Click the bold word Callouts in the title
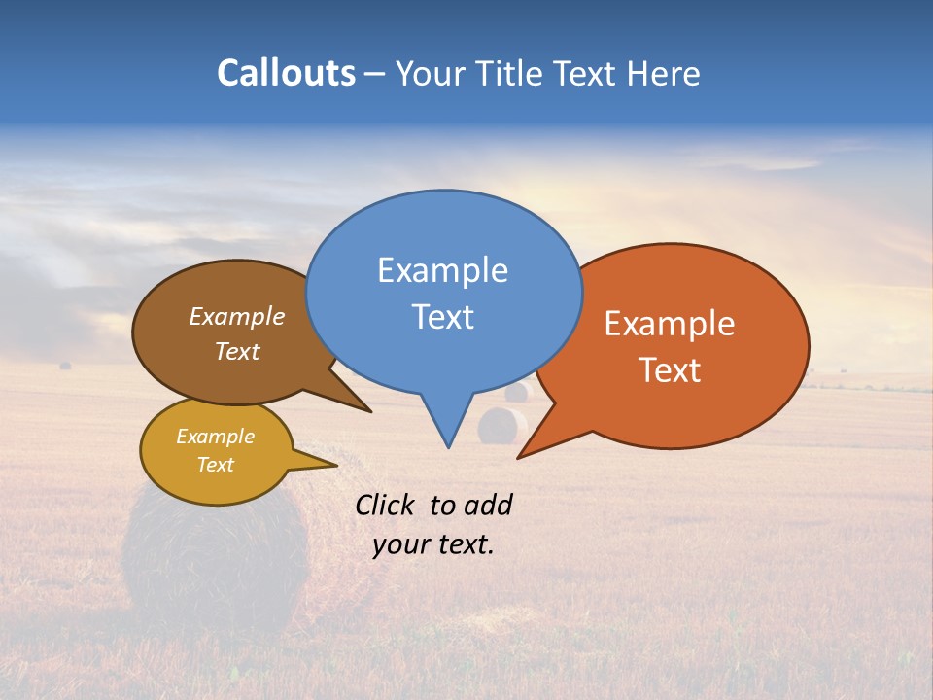286,73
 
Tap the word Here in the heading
664,74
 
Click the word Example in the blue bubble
442,270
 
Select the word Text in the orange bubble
670,370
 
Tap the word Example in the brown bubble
236,317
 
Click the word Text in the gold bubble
215,465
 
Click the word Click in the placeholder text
387,505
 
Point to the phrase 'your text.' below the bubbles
433,544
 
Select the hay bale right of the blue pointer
502,426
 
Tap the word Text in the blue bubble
442,317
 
